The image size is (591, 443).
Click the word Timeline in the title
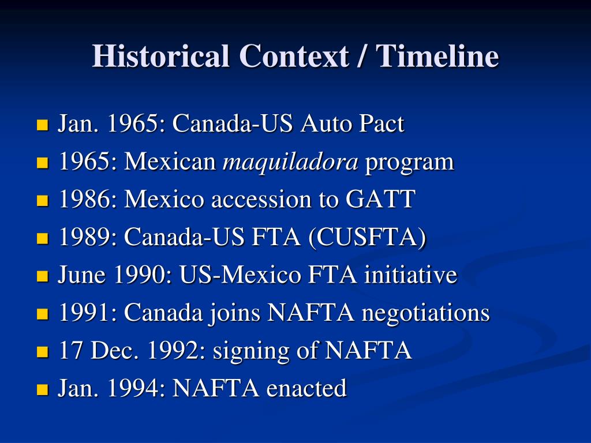437,57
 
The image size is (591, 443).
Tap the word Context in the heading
294,57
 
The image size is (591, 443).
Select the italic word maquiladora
290,163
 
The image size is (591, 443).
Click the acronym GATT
380,200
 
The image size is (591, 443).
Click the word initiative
410,275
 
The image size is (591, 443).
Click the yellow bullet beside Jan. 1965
42,125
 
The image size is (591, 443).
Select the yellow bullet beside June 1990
42,276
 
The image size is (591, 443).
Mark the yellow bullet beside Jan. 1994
42,389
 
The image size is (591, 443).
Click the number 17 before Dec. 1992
69,351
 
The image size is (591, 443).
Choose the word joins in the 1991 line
235,313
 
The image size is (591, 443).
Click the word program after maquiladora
409,163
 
